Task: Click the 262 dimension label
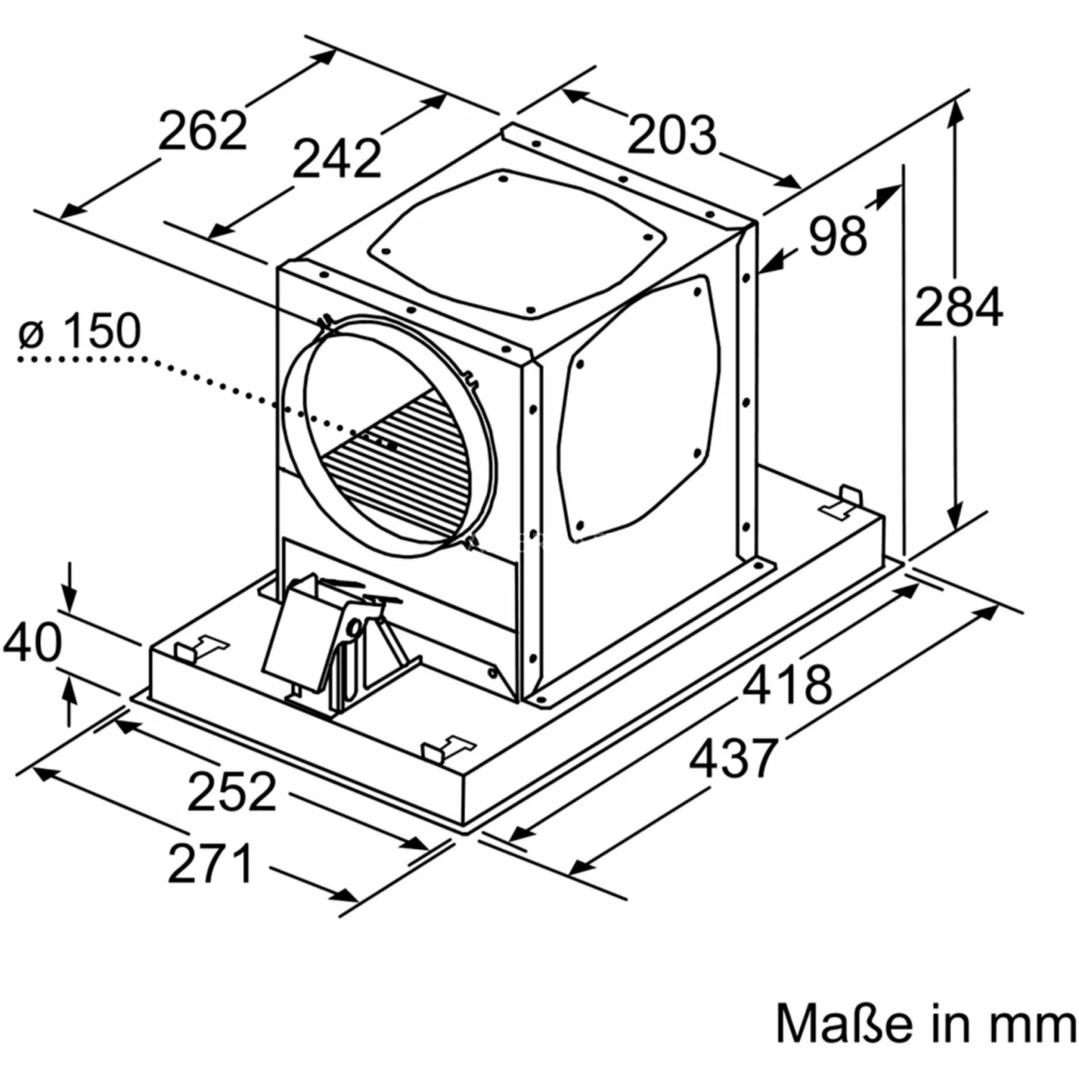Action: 202,130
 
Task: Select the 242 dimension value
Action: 337,158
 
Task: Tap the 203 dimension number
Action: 672,135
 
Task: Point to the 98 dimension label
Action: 838,235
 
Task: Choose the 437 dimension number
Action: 734,757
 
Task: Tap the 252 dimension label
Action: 232,791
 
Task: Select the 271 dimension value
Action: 211,862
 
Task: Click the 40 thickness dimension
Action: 32,642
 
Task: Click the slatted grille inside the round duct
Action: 403,460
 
